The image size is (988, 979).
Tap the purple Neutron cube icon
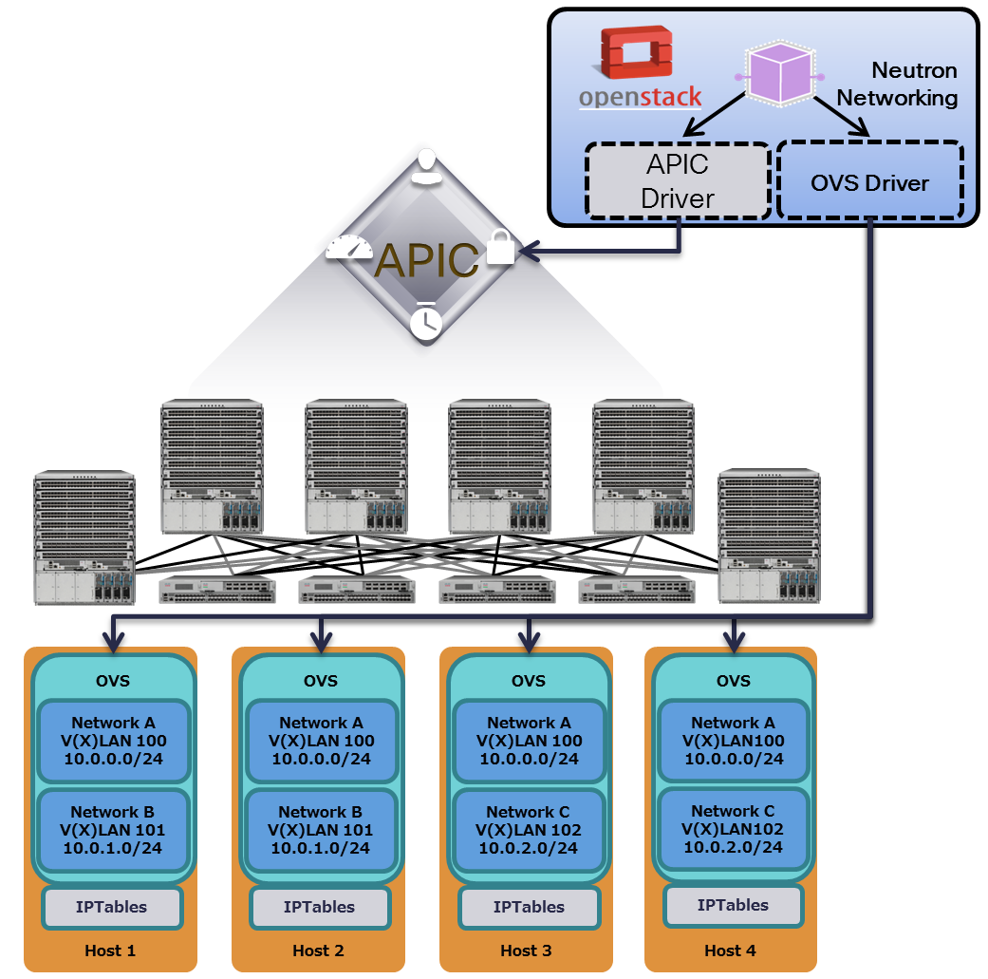click(x=777, y=75)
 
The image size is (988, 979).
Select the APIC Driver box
click(x=678, y=180)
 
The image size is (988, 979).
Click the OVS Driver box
click(x=869, y=182)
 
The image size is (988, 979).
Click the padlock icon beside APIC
click(x=500, y=248)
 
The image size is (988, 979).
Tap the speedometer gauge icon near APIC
click(x=352, y=247)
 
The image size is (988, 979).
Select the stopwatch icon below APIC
click(x=426, y=320)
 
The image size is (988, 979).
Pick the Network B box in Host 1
click(x=113, y=829)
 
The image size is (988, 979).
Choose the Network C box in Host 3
click(x=529, y=829)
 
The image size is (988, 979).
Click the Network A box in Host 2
click(x=321, y=741)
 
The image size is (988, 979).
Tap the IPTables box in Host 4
click(x=733, y=905)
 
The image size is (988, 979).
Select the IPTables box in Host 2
click(x=319, y=907)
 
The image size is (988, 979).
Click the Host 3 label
click(x=527, y=951)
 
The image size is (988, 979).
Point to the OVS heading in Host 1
click(x=113, y=680)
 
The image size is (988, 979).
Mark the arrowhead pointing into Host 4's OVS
click(x=733, y=638)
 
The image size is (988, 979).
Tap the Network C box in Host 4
click(x=733, y=828)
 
